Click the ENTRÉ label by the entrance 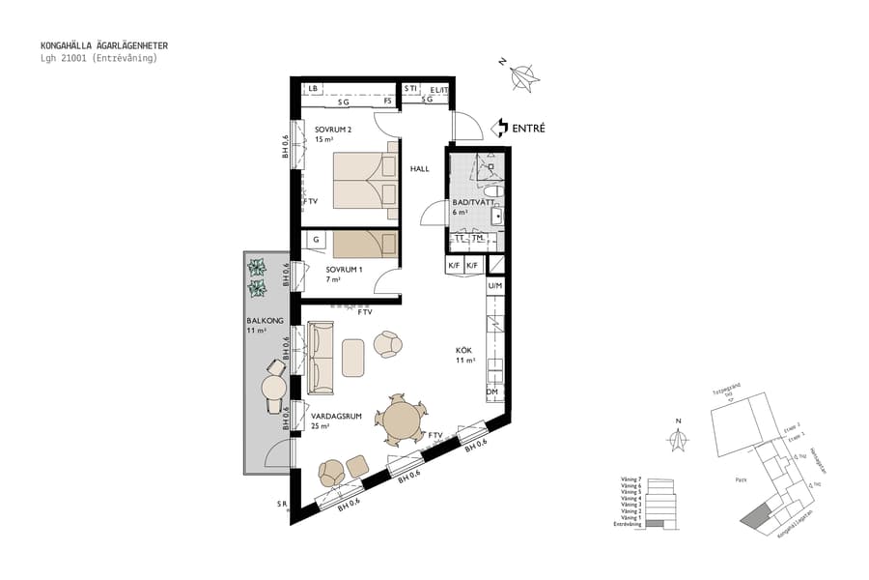point(529,127)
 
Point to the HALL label point(419,168)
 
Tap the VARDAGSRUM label point(335,416)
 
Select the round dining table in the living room point(399,420)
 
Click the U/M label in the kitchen point(494,286)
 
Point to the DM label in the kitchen point(492,391)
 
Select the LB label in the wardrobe point(313,89)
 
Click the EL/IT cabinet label point(439,90)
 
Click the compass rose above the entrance point(524,76)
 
